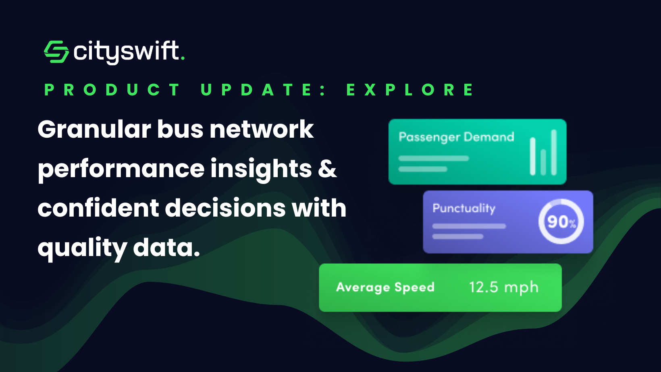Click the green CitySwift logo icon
56,52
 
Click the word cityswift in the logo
127,52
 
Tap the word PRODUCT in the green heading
112,90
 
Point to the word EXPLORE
410,90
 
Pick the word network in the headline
262,129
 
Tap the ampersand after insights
327,168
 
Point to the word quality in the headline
82,248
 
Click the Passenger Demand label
456,137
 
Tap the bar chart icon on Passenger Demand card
543,153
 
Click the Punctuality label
464,209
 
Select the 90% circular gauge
561,221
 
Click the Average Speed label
385,287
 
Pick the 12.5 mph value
503,287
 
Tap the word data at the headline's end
166,248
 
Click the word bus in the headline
180,129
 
